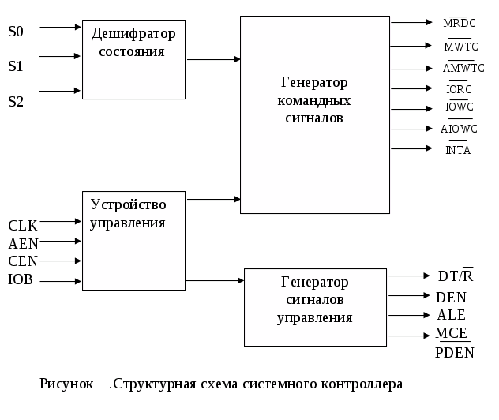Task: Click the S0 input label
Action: coord(16,32)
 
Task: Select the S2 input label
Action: coord(16,101)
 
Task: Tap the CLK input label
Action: coord(23,226)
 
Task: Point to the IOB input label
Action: coord(21,279)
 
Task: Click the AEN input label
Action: coord(24,244)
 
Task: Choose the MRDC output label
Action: coord(460,24)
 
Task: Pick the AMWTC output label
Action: coord(463,69)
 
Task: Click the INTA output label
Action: coord(459,150)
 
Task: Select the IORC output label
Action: coord(459,88)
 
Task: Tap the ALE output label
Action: coord(451,315)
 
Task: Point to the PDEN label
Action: coord(455,353)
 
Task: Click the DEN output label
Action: coord(451,298)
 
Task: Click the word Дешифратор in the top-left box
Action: coord(133,33)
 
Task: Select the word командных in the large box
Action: coord(314,100)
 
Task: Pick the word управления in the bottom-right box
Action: coord(314,317)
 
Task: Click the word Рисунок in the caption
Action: coord(66,384)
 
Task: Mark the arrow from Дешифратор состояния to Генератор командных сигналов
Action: coord(213,59)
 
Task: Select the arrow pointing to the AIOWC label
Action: coord(411,128)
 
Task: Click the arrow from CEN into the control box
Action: coord(60,261)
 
